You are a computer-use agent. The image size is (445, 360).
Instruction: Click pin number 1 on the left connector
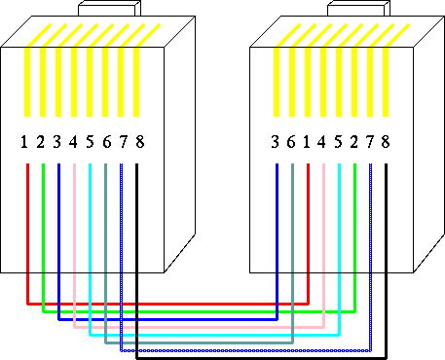pos(23,142)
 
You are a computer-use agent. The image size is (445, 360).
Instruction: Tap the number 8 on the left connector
pos(140,142)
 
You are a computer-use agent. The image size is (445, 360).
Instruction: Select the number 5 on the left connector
pos(90,142)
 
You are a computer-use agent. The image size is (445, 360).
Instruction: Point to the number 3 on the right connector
pos(275,142)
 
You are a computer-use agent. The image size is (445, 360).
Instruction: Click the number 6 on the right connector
pos(291,142)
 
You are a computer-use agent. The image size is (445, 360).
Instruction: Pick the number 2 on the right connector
pos(353,142)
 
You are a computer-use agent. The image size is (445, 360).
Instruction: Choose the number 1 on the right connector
pos(306,142)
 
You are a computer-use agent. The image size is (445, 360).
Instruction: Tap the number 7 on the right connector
pos(370,142)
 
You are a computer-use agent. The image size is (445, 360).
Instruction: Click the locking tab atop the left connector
pos(110,9)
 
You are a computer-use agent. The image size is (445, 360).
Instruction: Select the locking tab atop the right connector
pos(358,9)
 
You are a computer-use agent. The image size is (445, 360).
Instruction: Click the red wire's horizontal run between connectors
pos(167,304)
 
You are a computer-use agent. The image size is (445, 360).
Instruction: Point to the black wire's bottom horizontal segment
pos(261,358)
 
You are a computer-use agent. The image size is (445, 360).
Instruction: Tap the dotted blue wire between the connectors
pos(246,350)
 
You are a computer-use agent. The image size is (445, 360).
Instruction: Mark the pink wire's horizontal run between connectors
pos(199,327)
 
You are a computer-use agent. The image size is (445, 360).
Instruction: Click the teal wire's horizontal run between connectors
pos(199,342)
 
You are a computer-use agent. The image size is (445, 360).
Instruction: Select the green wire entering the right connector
pos(354,238)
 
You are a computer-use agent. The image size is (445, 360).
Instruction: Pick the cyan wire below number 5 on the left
pos(90,250)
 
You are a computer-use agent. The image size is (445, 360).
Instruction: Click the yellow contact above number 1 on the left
pos(27,82)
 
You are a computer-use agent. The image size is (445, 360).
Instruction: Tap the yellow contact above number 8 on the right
pos(386,82)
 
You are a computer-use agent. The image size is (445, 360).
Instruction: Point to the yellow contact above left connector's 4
pos(74,82)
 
